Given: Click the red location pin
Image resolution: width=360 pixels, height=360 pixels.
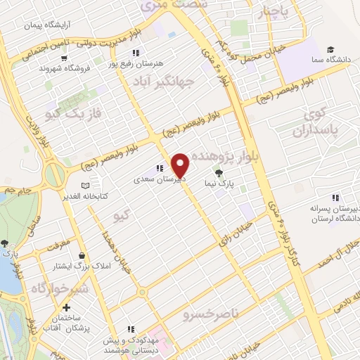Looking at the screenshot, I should pyautogui.click(x=181, y=165).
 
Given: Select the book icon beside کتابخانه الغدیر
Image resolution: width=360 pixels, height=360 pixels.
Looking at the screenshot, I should pyautogui.click(x=85, y=186).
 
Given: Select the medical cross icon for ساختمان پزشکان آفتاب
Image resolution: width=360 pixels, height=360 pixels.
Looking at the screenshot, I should pyautogui.click(x=66, y=307).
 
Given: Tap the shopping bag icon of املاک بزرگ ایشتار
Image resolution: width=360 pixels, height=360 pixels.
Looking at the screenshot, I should pyautogui.click(x=84, y=256).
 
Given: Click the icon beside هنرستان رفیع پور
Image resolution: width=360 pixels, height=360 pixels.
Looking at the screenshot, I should pyautogui.click(x=135, y=53).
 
